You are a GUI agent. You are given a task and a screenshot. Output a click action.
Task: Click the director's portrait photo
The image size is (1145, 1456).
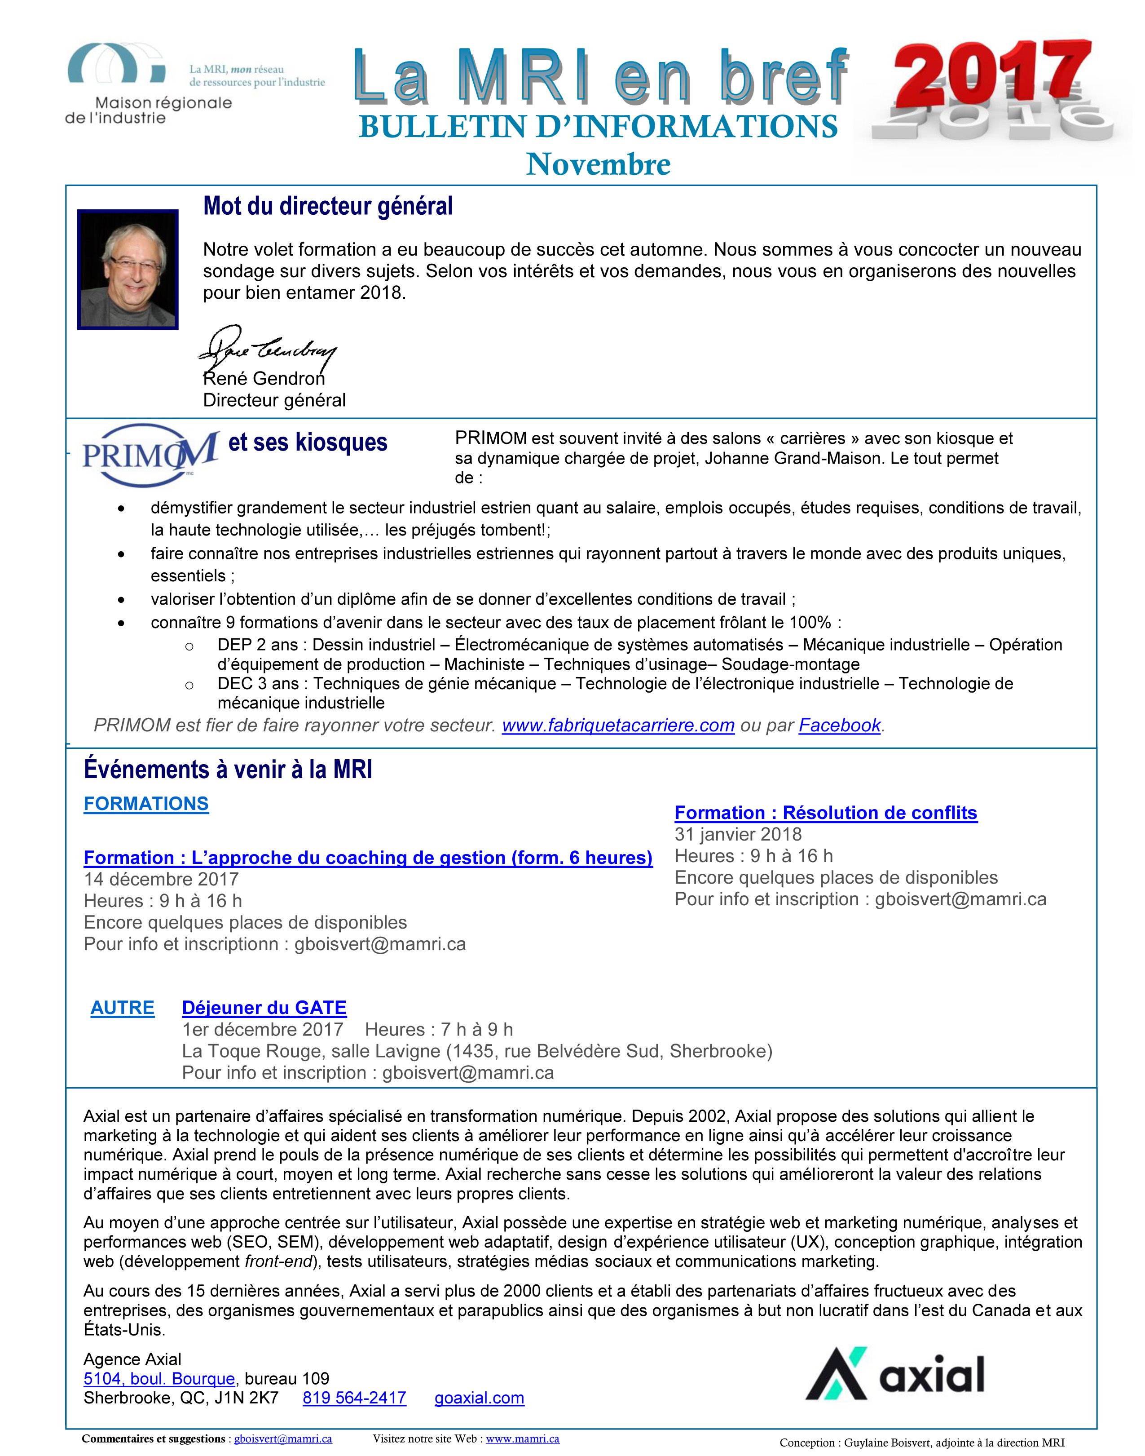pos(128,269)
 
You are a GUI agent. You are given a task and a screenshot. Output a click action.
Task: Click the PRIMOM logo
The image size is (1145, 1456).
pos(150,454)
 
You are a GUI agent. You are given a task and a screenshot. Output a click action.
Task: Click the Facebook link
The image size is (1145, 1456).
pos(839,725)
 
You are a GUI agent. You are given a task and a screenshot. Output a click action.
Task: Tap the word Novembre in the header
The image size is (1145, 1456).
pos(598,164)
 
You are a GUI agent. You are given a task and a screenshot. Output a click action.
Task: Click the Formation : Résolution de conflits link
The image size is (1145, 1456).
pos(825,812)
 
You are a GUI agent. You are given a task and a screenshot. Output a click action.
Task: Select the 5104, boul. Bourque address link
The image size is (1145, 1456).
pos(159,1378)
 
